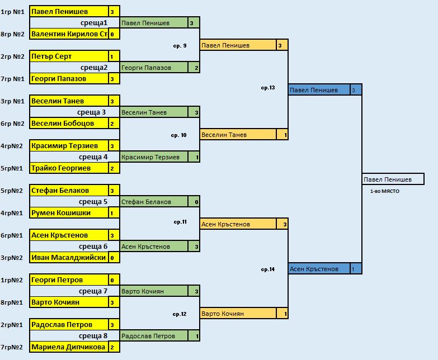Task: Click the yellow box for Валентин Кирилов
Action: coord(69,34)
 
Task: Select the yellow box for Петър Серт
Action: coord(69,56)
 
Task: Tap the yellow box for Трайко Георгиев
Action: coord(69,168)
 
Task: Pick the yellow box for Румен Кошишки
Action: coord(69,213)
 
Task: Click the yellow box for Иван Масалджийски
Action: coord(69,258)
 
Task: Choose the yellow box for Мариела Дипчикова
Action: coord(69,347)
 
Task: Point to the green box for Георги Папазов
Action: coord(154,68)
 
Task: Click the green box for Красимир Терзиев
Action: coord(154,157)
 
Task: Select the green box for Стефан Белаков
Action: coord(154,202)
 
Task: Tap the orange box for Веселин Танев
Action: coord(238,135)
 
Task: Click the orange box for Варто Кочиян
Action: coord(238,314)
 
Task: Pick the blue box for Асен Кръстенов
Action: coord(319,269)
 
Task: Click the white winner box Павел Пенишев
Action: coord(393,179)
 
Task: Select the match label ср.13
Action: coord(268,88)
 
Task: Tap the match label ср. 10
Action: coord(178,135)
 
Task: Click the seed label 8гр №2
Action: coord(12,34)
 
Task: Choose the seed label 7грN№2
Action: coord(12,347)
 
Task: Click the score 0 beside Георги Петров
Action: coord(114,280)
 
